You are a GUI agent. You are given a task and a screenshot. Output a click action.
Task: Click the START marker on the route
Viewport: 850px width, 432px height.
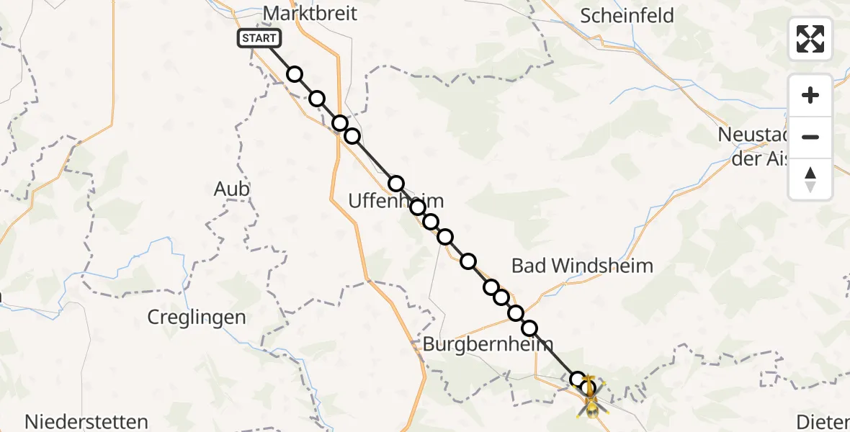point(257,38)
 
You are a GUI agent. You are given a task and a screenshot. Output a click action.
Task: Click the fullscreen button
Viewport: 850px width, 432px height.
point(810,39)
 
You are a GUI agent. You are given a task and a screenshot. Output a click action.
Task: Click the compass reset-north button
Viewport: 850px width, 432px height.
point(810,179)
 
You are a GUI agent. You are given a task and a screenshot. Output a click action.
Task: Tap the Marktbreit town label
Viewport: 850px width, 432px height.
point(310,14)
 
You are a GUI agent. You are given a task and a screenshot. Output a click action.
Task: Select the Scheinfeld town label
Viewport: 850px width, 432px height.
point(627,16)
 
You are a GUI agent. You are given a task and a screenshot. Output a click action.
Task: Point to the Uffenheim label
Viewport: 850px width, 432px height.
point(395,202)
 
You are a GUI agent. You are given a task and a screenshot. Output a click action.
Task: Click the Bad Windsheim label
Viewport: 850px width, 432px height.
point(582,266)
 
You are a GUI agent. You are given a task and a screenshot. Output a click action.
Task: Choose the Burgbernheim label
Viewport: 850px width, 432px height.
point(488,344)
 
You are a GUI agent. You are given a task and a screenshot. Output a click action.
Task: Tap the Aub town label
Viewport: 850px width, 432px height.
point(232,189)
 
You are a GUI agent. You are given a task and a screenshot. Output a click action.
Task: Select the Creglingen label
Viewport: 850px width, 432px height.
point(197,317)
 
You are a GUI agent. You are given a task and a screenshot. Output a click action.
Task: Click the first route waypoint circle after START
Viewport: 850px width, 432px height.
point(294,74)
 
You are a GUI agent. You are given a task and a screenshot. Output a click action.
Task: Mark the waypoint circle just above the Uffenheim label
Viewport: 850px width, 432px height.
point(396,184)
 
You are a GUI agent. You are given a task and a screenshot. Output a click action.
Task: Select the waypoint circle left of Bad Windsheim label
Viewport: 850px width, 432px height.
point(468,261)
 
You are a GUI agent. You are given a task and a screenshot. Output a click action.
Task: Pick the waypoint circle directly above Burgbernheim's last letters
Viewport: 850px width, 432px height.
point(529,328)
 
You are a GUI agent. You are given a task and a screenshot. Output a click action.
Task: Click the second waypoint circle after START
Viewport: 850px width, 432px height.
point(317,99)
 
